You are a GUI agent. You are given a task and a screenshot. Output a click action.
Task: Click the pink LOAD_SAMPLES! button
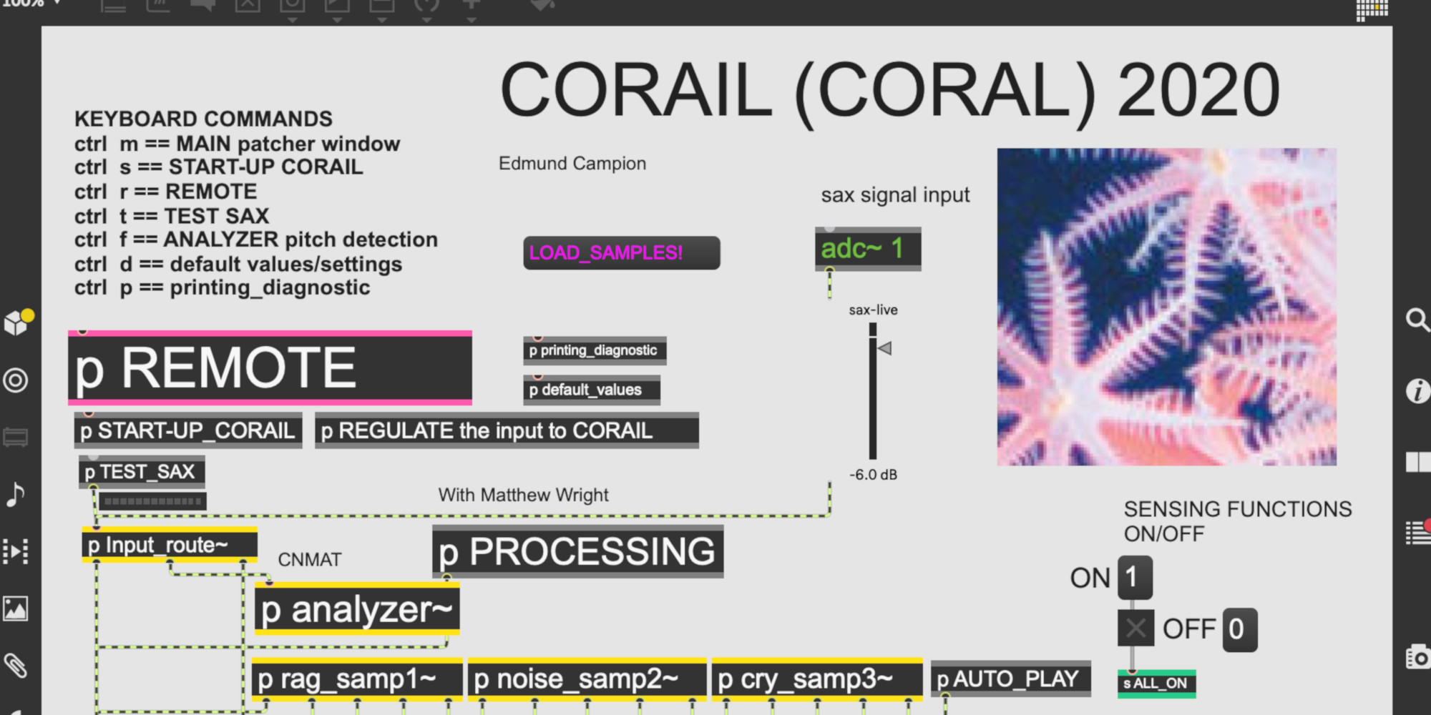pyautogui.click(x=621, y=253)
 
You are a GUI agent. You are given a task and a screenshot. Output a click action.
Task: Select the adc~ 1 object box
pyautogui.click(x=868, y=249)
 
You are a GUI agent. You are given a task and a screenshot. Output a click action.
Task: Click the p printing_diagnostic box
pyautogui.click(x=595, y=350)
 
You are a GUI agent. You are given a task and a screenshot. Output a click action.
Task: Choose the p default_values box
pyautogui.click(x=592, y=390)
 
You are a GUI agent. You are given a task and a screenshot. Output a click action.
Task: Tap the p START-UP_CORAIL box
pyautogui.click(x=188, y=430)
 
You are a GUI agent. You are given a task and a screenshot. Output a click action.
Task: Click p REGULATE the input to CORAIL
pyautogui.click(x=507, y=430)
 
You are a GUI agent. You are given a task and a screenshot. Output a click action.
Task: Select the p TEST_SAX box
pyautogui.click(x=142, y=472)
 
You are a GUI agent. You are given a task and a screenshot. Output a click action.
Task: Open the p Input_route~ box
pyautogui.click(x=170, y=545)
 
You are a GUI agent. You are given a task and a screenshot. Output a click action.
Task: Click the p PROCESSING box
pyautogui.click(x=578, y=551)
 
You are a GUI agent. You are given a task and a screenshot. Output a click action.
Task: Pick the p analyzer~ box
pyautogui.click(x=357, y=609)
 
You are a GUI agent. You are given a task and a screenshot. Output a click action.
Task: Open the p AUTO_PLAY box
pyautogui.click(x=1010, y=679)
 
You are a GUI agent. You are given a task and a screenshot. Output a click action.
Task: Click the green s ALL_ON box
pyautogui.click(x=1156, y=684)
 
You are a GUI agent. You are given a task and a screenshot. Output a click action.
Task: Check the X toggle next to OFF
pyautogui.click(x=1136, y=628)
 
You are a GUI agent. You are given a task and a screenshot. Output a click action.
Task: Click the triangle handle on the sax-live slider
pyautogui.click(x=885, y=348)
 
